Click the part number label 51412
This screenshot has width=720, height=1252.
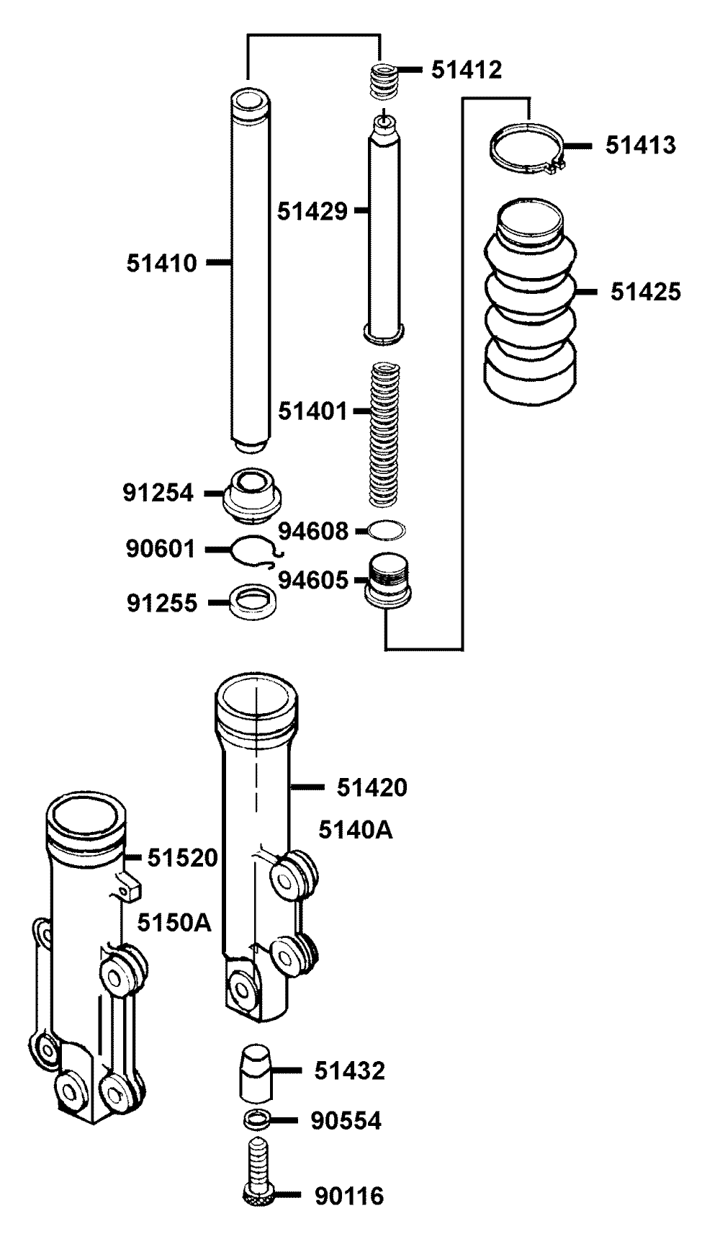[467, 70]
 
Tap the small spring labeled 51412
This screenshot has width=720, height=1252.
[384, 81]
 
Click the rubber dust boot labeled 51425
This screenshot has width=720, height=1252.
[529, 299]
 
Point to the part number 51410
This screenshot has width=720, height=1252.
[162, 264]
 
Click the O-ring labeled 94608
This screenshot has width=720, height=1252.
[387, 530]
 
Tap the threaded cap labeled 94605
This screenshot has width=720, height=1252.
[388, 580]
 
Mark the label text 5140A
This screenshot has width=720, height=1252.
[356, 830]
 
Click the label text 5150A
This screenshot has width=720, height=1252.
[175, 922]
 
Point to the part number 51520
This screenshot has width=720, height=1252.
[183, 858]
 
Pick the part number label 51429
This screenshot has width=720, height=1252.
[312, 211]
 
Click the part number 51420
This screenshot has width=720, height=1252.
[372, 787]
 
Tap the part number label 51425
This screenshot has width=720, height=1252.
[645, 292]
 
